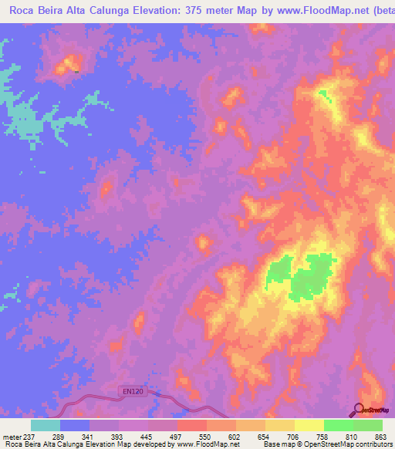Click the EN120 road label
[133, 392]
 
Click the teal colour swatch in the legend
[46, 425]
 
